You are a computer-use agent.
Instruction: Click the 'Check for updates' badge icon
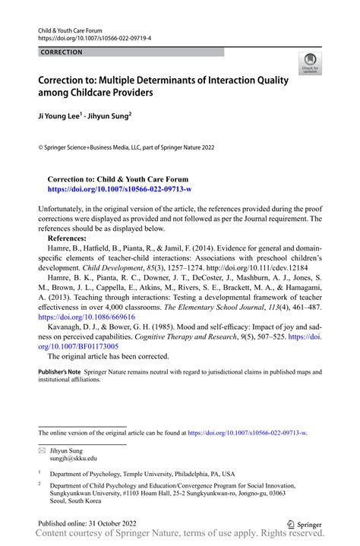click(309, 63)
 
